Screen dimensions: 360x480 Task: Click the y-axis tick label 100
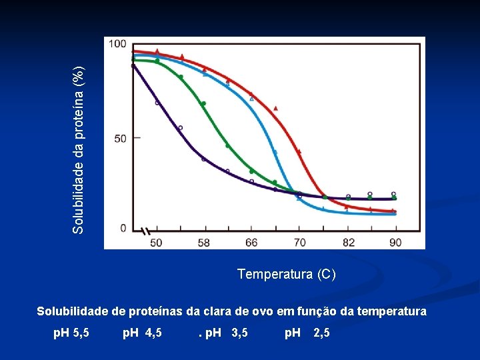(x=117, y=44)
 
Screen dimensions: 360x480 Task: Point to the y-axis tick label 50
(x=120, y=139)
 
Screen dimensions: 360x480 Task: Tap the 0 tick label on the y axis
(x=123, y=228)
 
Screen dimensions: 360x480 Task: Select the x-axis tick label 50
(x=155, y=242)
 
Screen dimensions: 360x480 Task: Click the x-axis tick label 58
(x=203, y=242)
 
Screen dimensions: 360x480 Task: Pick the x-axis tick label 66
(x=251, y=242)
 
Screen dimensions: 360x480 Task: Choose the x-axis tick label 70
(x=299, y=242)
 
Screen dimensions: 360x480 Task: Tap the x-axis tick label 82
(x=348, y=242)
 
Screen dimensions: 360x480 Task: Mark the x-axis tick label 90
(x=395, y=242)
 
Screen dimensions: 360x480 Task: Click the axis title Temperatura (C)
(x=287, y=274)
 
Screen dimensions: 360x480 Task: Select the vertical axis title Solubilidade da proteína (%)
(x=79, y=150)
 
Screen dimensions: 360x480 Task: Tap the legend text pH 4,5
(x=142, y=332)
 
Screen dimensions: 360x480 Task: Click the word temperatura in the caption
(x=392, y=311)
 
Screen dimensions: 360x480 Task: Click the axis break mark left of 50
(x=143, y=231)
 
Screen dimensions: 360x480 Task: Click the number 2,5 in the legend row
(x=321, y=332)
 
